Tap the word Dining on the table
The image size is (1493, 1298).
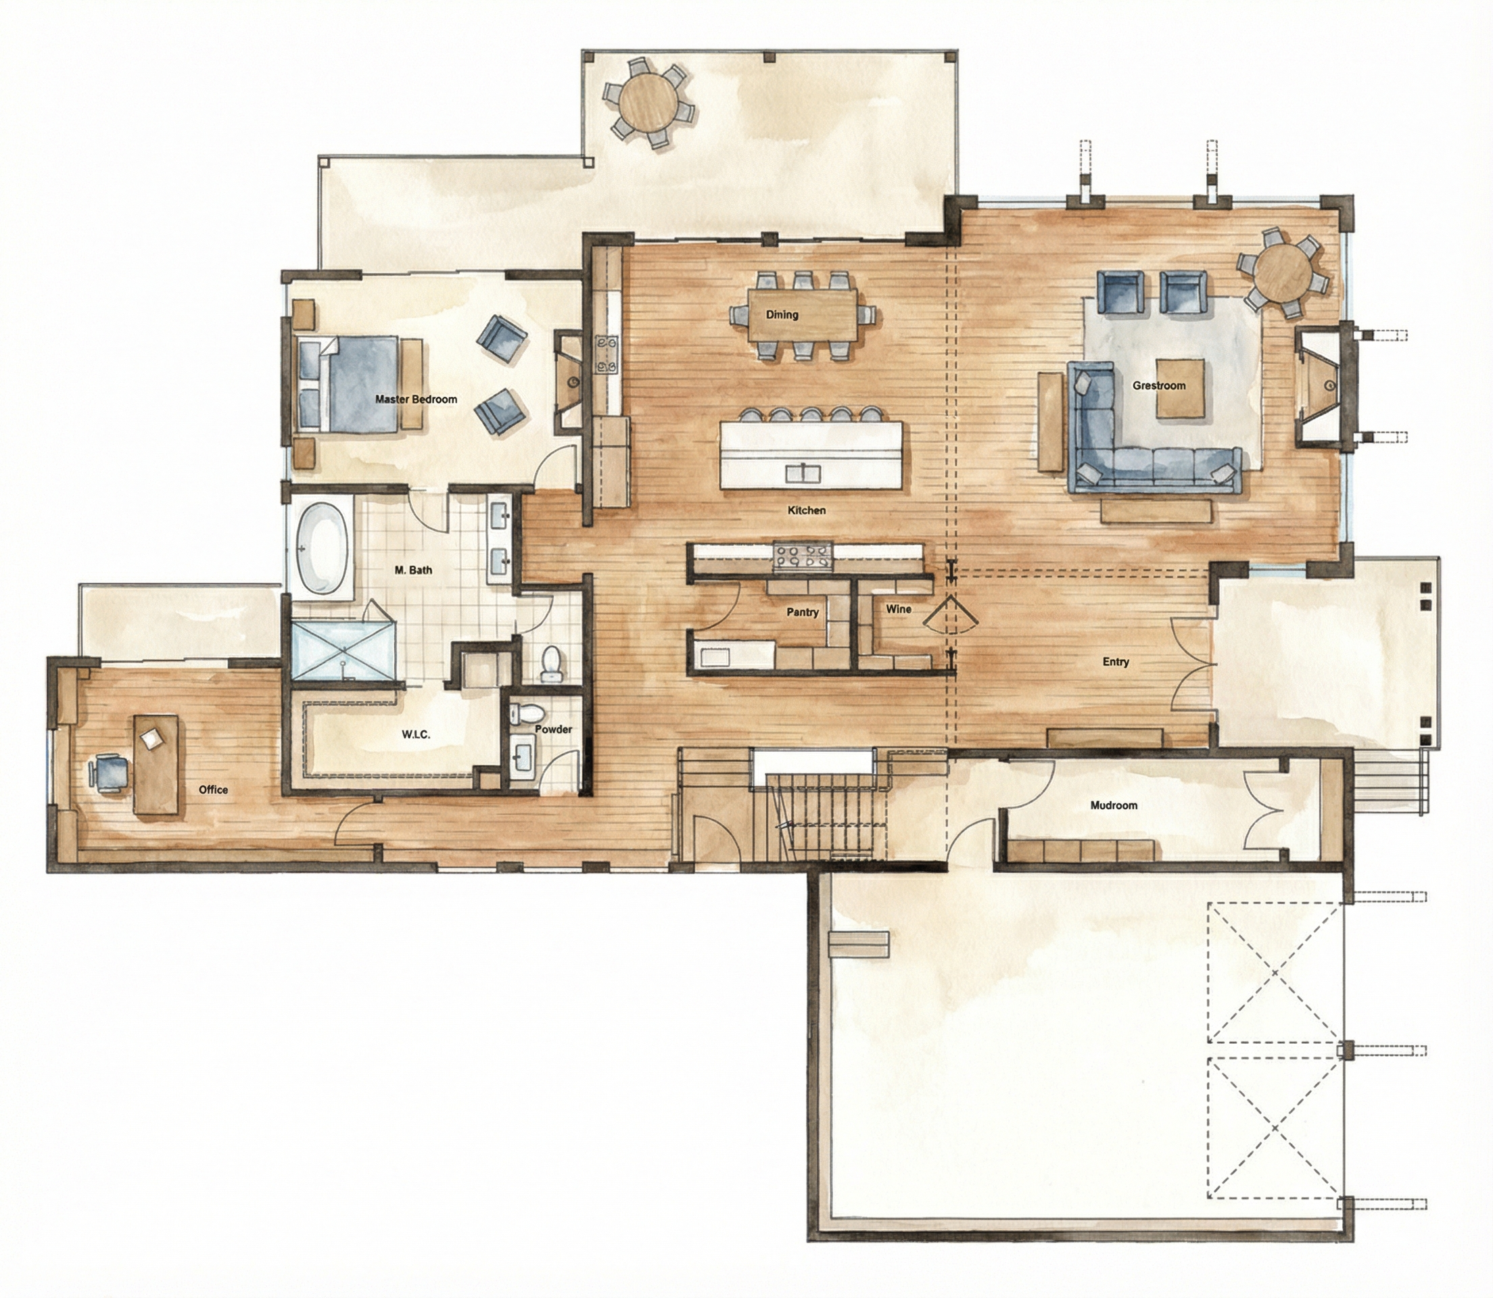782,314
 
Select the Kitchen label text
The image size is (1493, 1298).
806,510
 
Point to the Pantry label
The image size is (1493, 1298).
803,612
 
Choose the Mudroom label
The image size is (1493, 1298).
1114,804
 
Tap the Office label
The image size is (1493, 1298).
213,790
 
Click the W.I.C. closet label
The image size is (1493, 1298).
416,734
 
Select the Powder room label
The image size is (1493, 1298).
553,729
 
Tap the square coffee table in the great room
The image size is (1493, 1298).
1181,388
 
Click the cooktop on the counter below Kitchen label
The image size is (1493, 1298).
804,556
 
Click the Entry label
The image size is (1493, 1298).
1116,661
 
